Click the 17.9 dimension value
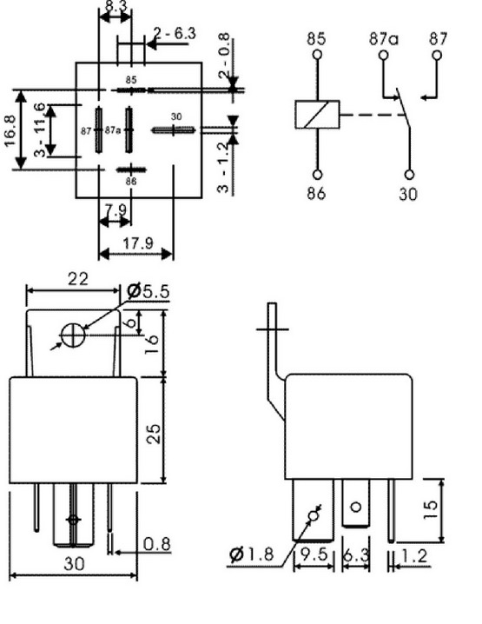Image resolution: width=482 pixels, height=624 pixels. tap(137, 242)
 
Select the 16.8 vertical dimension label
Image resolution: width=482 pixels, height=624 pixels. tap(10, 130)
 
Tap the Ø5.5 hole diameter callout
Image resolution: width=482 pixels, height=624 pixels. tap(148, 291)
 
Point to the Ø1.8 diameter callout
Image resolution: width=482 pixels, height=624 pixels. tap(252, 554)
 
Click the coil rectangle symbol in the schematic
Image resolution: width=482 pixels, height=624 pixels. tap(317, 115)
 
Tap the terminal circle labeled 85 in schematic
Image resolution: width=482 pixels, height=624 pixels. tap(317, 55)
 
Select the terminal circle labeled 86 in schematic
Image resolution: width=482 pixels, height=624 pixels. tap(317, 175)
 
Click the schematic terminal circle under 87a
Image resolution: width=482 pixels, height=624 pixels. tap(383, 55)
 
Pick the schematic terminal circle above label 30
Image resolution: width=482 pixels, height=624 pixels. tap(409, 175)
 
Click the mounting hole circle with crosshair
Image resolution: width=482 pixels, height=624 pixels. tap(73, 335)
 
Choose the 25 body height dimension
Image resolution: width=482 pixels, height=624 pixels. tap(153, 434)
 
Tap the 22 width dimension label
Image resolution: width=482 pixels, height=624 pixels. tap(77, 279)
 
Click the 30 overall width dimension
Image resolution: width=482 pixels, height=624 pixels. tap(75, 563)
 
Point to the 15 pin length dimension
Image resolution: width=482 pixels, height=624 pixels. tap(430, 509)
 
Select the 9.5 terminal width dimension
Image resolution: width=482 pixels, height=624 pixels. tap(314, 554)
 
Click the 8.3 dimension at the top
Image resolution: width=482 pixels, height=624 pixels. tap(116, 7)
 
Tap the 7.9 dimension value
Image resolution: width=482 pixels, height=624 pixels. tap(116, 209)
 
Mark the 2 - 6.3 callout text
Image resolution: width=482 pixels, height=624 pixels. tap(175, 33)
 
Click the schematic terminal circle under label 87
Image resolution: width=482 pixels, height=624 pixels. tap(437, 55)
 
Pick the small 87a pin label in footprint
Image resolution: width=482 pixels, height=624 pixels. tap(113, 130)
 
